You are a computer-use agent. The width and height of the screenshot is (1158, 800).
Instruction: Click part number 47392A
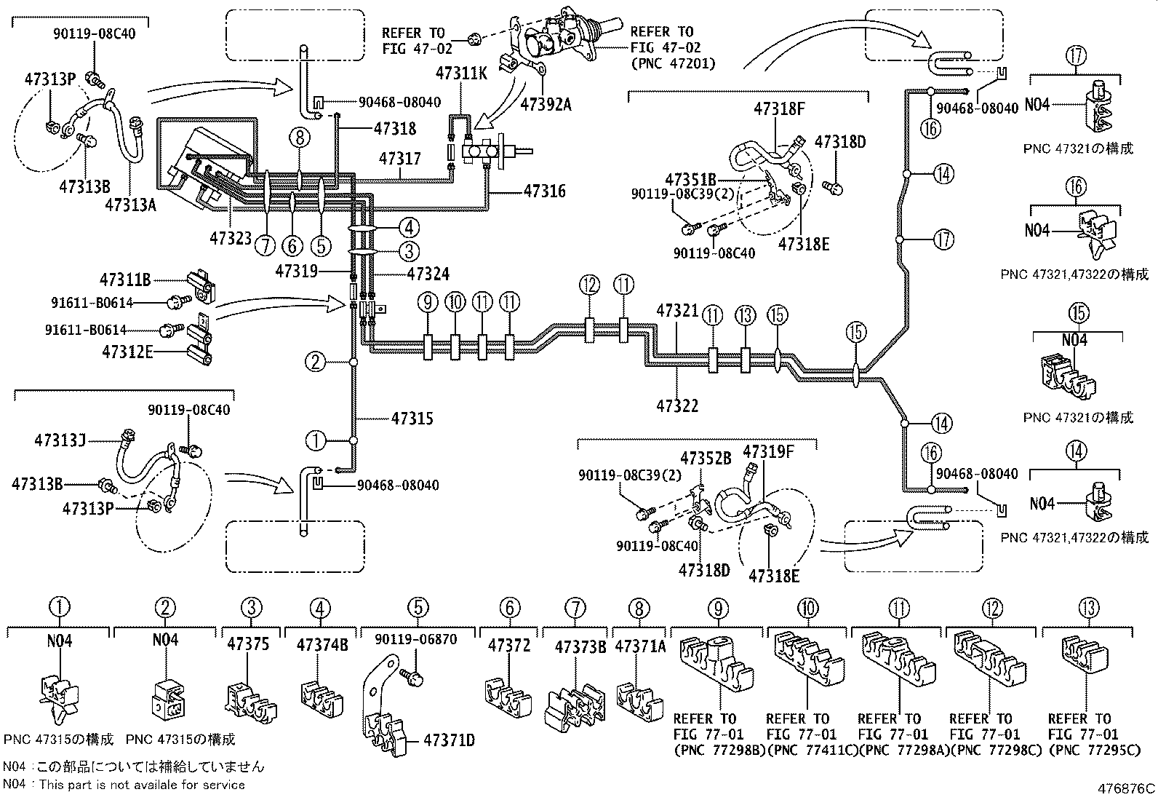click(x=546, y=105)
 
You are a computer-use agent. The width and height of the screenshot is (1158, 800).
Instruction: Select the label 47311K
click(x=463, y=73)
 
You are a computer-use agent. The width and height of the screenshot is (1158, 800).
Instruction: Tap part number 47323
click(x=231, y=237)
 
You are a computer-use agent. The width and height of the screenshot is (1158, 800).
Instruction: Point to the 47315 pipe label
click(x=412, y=419)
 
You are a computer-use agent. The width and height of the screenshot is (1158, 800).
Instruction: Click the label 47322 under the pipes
click(x=677, y=405)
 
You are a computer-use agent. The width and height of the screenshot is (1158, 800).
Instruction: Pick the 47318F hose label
click(x=779, y=110)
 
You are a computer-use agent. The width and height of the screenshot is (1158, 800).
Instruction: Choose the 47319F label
click(x=768, y=452)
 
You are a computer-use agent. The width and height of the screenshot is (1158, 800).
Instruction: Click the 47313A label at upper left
click(x=130, y=205)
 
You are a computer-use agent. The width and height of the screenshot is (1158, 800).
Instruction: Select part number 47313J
click(x=60, y=440)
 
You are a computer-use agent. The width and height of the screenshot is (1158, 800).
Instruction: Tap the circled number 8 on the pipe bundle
click(x=299, y=136)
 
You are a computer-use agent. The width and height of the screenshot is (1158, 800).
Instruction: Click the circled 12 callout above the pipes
click(x=589, y=285)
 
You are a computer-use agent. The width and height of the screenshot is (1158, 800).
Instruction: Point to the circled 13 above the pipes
click(x=745, y=315)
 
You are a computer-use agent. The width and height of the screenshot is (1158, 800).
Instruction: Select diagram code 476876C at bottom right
click(x=1126, y=788)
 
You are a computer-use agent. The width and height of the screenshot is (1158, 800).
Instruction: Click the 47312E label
click(x=127, y=352)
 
